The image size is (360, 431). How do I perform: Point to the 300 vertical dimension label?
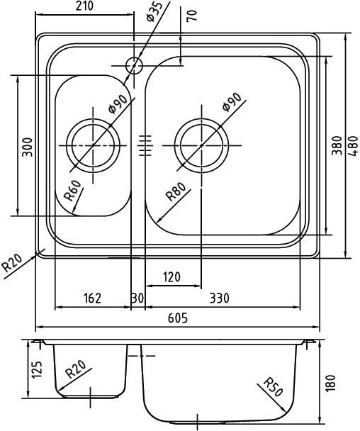pos(27,146)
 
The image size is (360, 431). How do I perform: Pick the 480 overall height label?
pos(351,146)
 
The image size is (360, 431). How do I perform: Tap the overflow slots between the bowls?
pos(146,146)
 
